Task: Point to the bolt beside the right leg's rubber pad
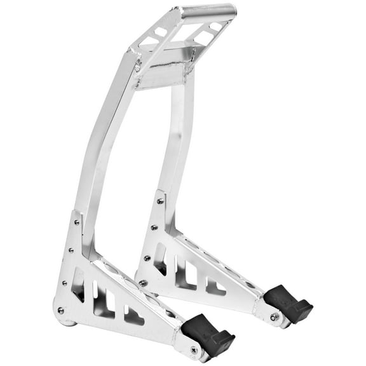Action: pyautogui.click(x=274, y=316)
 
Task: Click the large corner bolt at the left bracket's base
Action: pyautogui.click(x=61, y=310)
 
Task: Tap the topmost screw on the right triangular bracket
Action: pyautogui.click(x=160, y=201)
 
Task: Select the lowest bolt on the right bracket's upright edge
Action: pyautogui.click(x=144, y=283)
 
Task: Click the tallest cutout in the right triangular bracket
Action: pyautogui.click(x=160, y=261)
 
